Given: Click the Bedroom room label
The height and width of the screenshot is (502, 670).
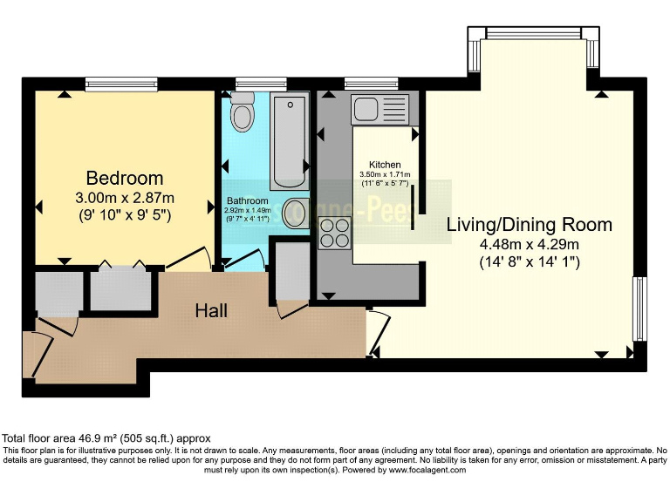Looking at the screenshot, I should pos(124,179).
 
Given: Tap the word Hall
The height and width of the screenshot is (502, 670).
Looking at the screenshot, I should pos(212,310).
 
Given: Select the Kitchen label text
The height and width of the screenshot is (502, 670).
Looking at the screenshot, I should pos(385,165).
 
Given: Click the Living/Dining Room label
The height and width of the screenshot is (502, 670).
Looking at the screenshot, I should pos(529,224).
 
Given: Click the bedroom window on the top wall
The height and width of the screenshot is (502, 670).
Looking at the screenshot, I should pos(121,84).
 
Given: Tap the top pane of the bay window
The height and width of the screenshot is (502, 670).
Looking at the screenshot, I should pos(533,33).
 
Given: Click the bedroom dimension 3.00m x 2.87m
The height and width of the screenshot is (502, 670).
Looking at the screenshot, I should pos(124,198).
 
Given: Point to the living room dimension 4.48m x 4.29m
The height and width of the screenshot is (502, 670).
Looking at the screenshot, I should pos(529,244).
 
